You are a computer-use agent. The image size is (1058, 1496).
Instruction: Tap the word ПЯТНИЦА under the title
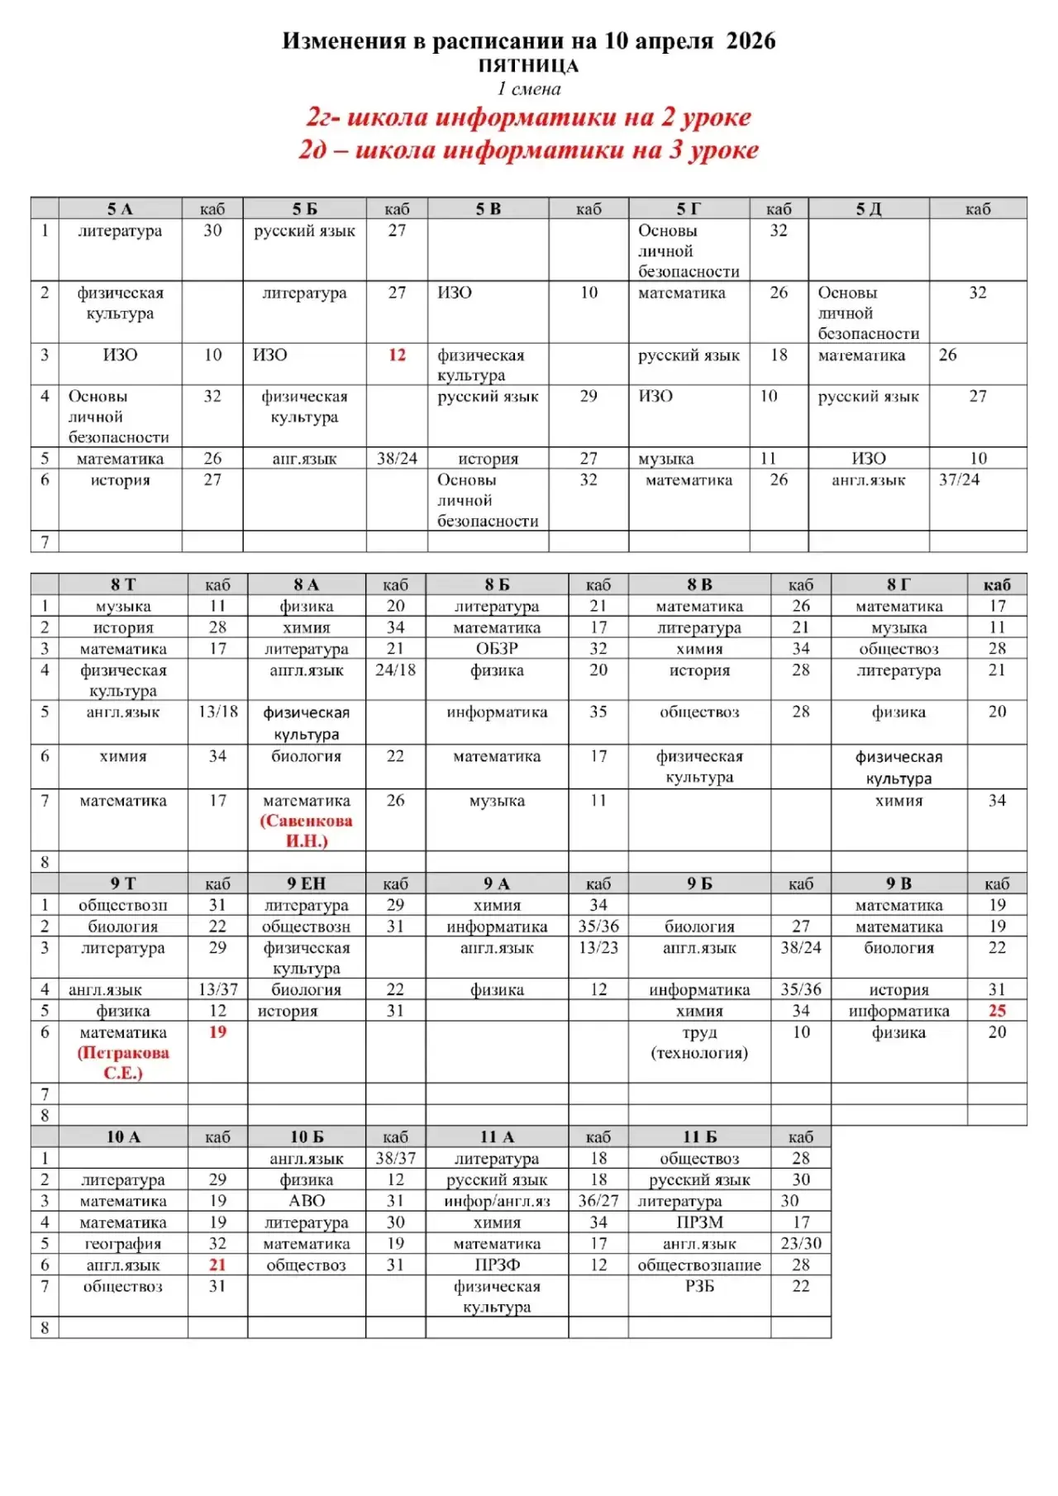[528, 66]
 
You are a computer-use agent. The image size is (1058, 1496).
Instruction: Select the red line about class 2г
[528, 117]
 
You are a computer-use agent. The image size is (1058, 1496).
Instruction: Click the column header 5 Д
[868, 209]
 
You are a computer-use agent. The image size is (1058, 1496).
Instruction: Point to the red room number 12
[397, 355]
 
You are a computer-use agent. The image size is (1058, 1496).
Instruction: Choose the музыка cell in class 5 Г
[666, 459]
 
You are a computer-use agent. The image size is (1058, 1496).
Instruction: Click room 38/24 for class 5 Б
[397, 459]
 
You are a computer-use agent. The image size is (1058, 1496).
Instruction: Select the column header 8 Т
[123, 585]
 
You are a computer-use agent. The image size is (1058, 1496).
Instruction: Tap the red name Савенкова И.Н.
[307, 831]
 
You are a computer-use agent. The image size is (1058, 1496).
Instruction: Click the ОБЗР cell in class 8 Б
[497, 649]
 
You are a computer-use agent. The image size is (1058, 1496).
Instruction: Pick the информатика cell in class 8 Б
[497, 712]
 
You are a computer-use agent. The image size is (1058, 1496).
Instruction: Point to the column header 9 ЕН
[307, 884]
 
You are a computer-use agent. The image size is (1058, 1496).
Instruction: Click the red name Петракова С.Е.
[123, 1063]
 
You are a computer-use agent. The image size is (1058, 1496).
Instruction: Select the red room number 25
[997, 1011]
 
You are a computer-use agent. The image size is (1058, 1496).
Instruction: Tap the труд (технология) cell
[699, 1042]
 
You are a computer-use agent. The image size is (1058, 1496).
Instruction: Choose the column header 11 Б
[699, 1137]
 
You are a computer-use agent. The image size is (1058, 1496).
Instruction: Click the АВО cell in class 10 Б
[307, 1201]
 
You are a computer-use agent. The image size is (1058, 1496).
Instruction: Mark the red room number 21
[217, 1265]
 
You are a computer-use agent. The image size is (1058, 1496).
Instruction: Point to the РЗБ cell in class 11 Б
[699, 1286]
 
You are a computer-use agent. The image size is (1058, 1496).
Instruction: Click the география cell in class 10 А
[123, 1244]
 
